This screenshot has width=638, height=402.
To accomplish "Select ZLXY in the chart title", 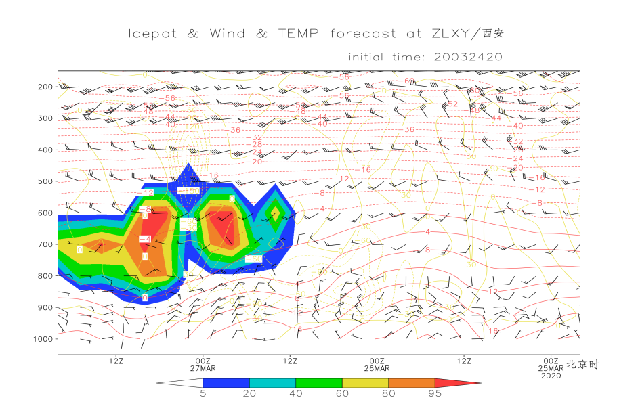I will point(443,34).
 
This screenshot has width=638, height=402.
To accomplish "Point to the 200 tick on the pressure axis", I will point(45,87).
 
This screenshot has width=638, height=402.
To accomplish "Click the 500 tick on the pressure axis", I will point(45,181).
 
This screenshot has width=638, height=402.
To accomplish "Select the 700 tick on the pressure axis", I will point(45,244).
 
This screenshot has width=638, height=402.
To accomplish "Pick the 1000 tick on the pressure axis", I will point(43,338).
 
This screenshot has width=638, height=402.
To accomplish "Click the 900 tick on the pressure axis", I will point(45,307).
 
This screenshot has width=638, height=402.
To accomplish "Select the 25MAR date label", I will point(551,369).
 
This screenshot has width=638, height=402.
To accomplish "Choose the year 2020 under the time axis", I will point(551,376).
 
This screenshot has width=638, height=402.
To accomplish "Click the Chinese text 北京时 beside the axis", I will point(583,364).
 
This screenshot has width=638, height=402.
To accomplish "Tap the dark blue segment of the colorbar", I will point(226,383).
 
